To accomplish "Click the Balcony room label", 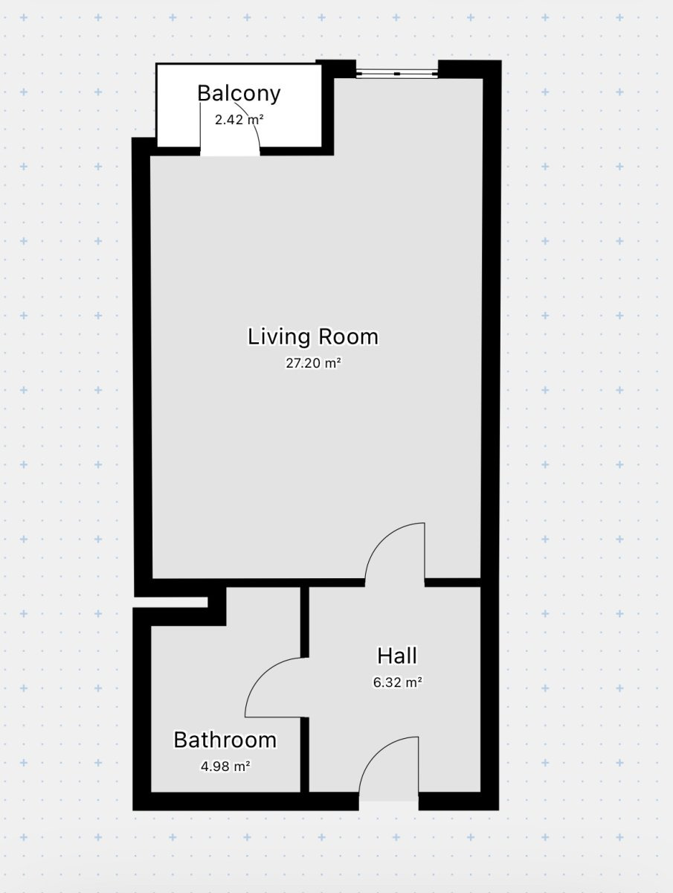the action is coord(239,94).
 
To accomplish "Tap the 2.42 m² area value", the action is coord(239,120).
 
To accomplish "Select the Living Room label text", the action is coord(313,337).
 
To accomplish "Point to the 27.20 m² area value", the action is coord(313,363).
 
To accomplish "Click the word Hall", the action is coord(397,656).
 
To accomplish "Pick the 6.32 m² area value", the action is coord(397,682).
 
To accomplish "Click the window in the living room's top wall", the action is coord(397,74).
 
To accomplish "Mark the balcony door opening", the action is coord(230,151).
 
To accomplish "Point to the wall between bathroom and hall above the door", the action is coord(305,621).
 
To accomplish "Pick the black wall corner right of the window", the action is coord(470,69).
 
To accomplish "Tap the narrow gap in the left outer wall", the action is coord(170,602).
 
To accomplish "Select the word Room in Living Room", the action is coord(348,337).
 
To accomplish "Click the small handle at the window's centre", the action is coord(397,74).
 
